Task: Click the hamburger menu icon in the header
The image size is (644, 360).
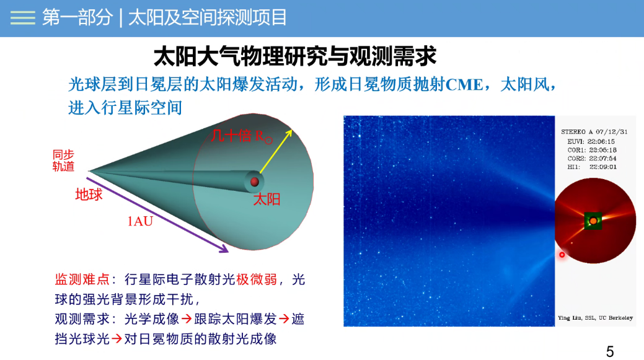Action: [x=22, y=17]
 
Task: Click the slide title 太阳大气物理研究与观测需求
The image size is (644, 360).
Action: [x=294, y=56]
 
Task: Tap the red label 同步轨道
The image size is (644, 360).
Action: [x=63, y=160]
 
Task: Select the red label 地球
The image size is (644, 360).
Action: [x=89, y=194]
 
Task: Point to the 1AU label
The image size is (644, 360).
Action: [x=140, y=221]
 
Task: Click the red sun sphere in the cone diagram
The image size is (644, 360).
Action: [x=255, y=182]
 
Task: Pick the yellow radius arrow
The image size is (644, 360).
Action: [x=276, y=151]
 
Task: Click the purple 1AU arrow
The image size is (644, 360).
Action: [x=157, y=214]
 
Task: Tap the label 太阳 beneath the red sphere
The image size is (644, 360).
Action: [x=267, y=200]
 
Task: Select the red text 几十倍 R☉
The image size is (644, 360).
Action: [x=242, y=136]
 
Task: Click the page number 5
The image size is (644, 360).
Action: [x=610, y=351]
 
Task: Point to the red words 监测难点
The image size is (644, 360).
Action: [x=82, y=279]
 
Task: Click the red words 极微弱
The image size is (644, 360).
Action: [x=256, y=279]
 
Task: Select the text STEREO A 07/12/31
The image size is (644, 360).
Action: [x=594, y=132]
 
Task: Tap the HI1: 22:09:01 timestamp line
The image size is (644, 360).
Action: [x=592, y=167]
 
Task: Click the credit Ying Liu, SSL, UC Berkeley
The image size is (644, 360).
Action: [x=595, y=318]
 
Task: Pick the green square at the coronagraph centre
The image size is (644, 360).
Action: [x=593, y=221]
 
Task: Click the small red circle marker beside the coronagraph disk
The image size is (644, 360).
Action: [x=562, y=255]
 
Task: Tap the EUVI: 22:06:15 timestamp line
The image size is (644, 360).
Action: [x=591, y=142]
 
